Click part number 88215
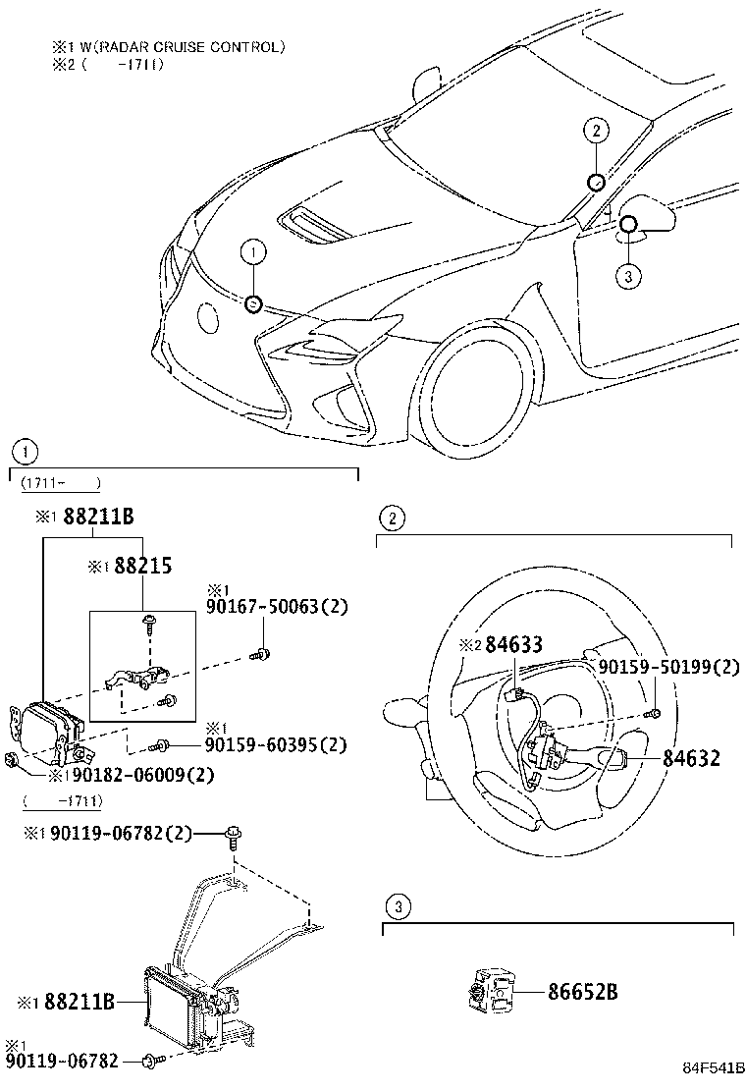click(143, 567)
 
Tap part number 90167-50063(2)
click(276, 609)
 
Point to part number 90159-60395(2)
click(276, 745)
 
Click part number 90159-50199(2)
click(669, 667)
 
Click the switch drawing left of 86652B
click(491, 992)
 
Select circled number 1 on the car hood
click(252, 253)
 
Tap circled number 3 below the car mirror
click(628, 276)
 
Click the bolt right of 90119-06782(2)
click(234, 837)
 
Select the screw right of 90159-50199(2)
click(656, 712)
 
